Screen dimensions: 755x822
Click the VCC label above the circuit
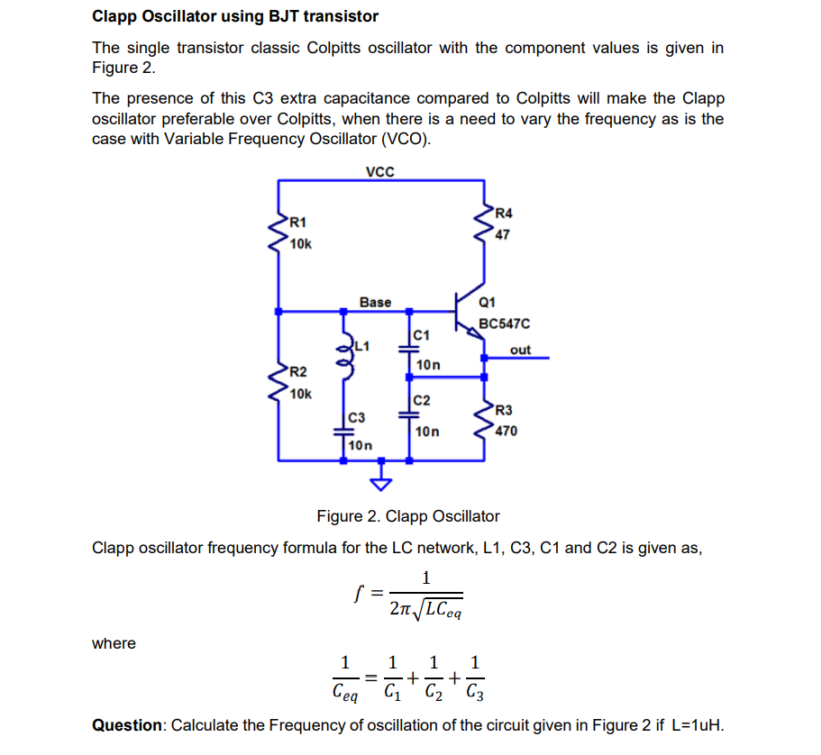pos(380,171)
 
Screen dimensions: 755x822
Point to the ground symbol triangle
pos(383,484)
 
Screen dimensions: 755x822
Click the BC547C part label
pos(505,323)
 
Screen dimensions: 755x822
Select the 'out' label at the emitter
pos(520,350)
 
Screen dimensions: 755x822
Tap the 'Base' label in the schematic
pos(375,302)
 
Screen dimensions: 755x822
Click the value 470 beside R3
pos(506,431)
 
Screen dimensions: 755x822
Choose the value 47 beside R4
pos(502,234)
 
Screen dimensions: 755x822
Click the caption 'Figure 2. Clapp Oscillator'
pos(407,516)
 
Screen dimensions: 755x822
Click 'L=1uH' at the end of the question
pos(694,726)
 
